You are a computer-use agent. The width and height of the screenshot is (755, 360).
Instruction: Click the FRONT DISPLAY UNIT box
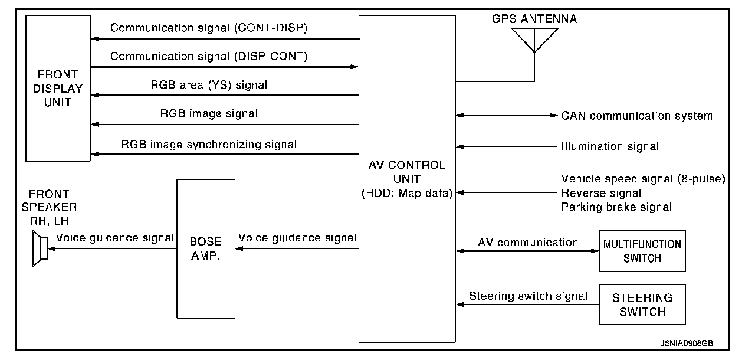[x=57, y=89]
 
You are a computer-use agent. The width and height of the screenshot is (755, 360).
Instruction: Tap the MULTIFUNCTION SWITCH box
[x=642, y=251]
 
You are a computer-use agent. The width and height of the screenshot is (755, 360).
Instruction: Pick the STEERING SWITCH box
[x=642, y=304]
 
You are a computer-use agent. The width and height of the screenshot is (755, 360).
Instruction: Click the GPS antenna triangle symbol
[x=534, y=40]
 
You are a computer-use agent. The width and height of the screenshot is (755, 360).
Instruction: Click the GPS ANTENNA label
[x=534, y=19]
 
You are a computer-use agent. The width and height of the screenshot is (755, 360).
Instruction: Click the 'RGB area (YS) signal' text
[x=209, y=85]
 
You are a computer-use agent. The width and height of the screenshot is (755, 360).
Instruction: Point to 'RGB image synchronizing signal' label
[x=209, y=143]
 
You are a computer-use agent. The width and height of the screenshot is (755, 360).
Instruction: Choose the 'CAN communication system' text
[x=636, y=116]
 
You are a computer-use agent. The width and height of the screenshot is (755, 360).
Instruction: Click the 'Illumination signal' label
[x=610, y=146]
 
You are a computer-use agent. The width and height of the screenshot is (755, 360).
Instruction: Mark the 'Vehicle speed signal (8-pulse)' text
[x=643, y=179]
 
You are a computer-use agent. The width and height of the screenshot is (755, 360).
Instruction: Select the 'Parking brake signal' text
[x=616, y=207]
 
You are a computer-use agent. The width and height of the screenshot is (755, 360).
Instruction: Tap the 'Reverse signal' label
[x=602, y=193]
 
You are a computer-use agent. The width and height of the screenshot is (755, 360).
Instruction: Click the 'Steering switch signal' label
[x=528, y=296]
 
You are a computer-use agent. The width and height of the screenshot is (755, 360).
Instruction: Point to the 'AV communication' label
[x=528, y=242]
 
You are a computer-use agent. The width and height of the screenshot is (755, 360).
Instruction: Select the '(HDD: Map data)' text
[x=407, y=193]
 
